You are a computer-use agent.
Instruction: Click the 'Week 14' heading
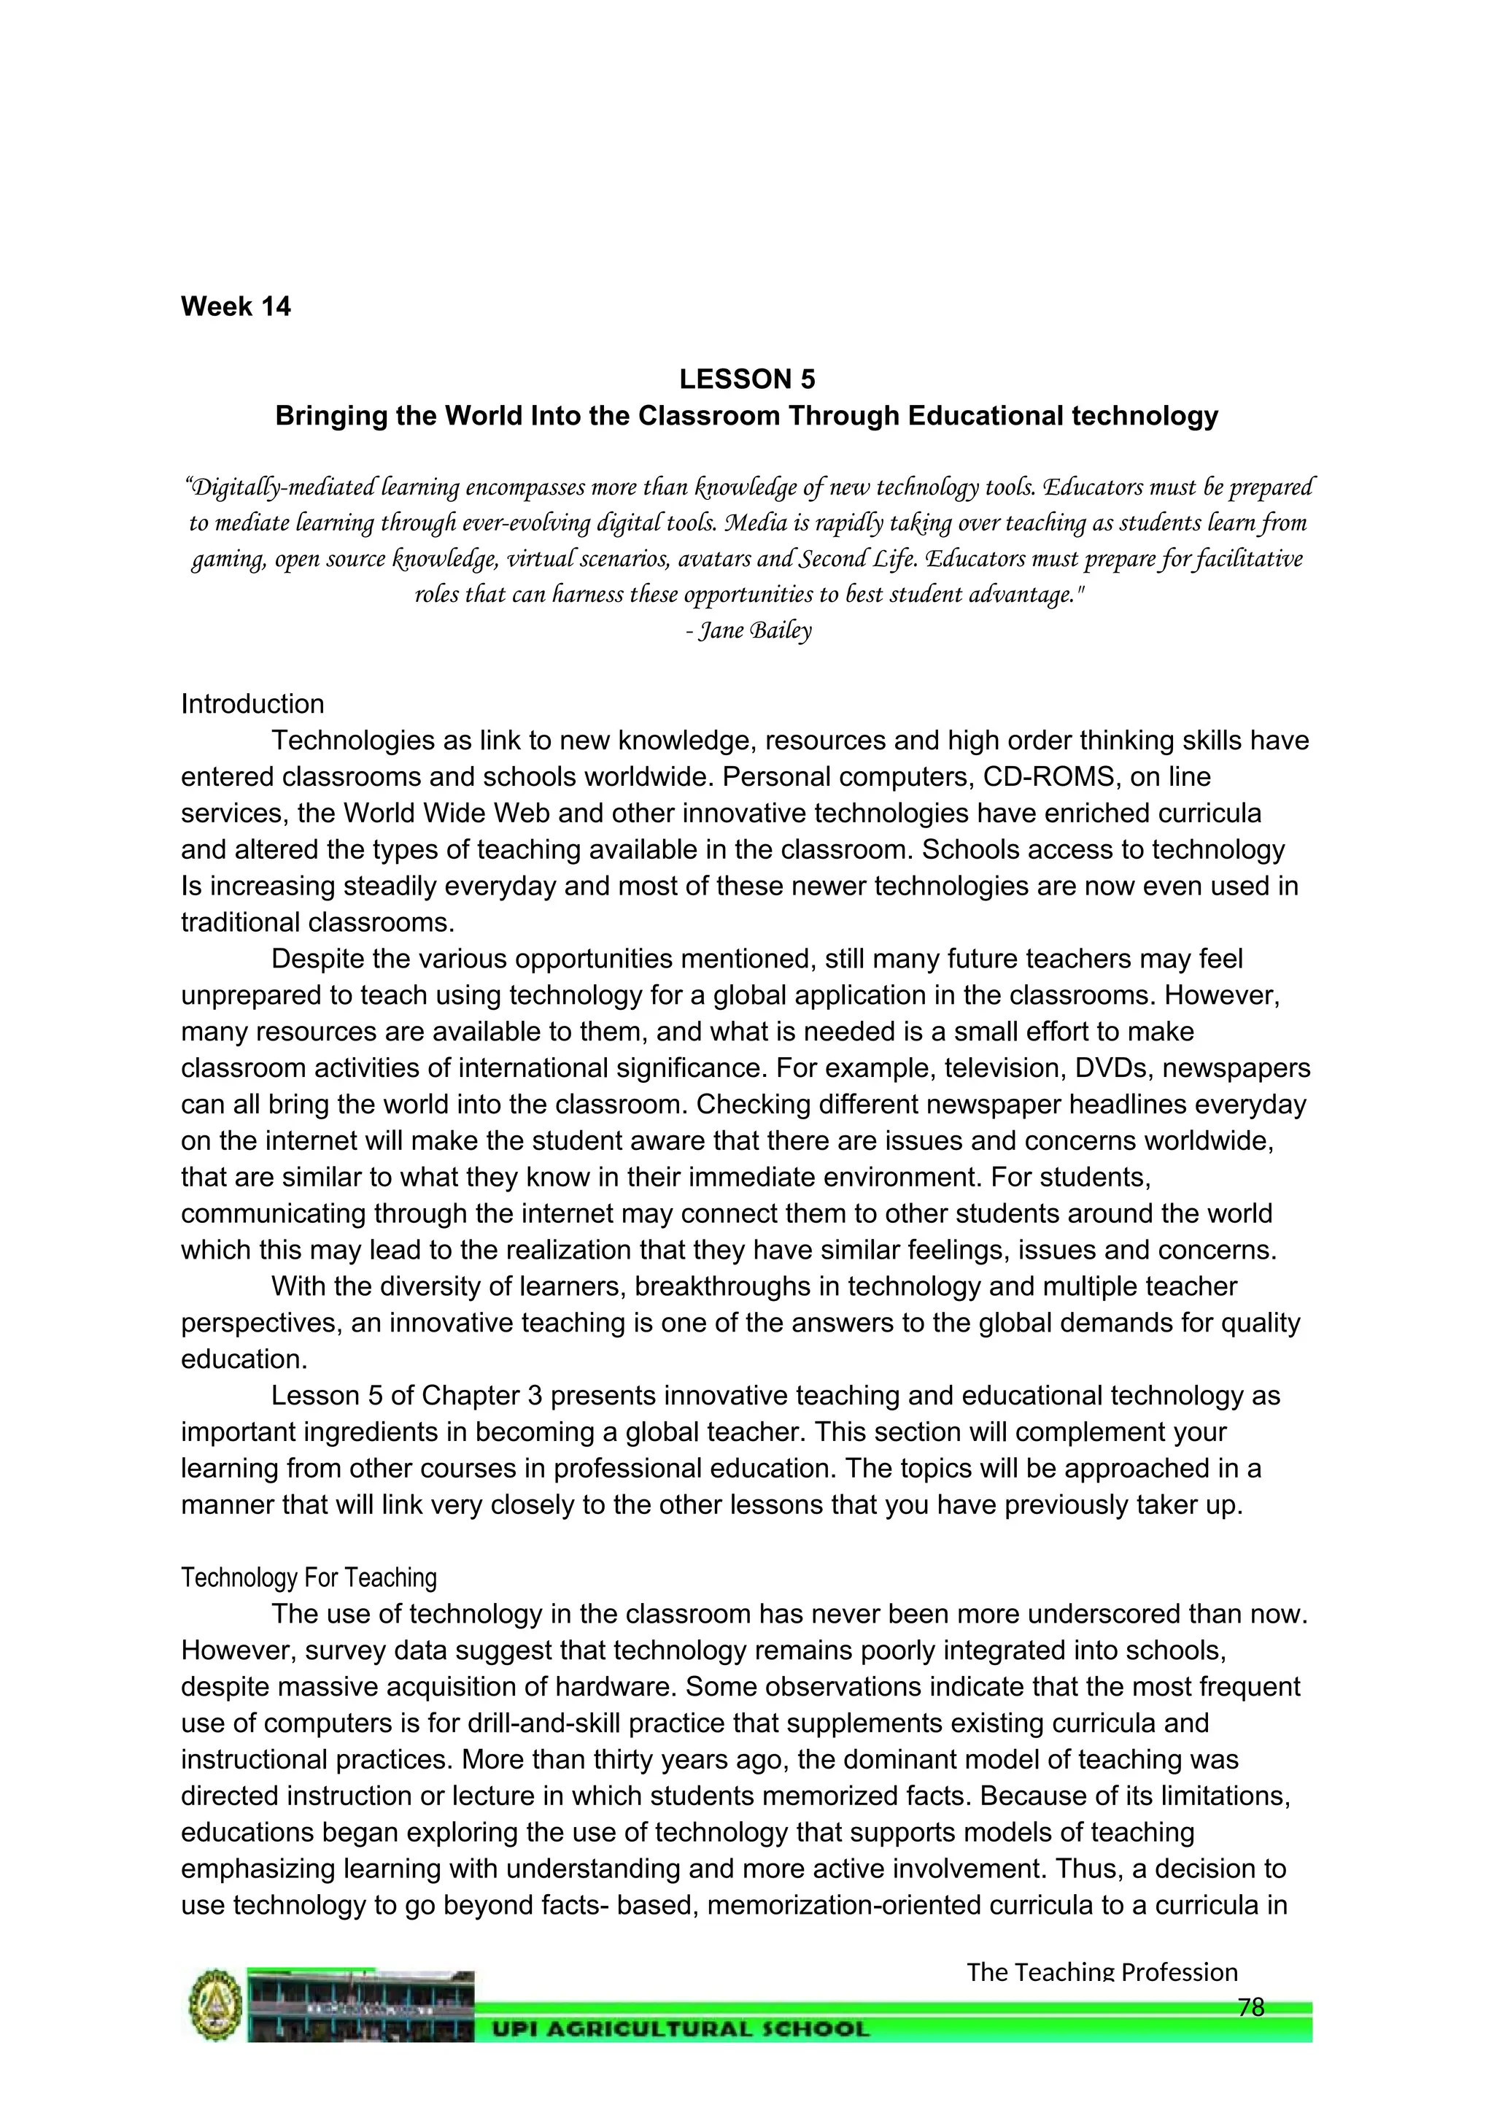click(x=236, y=306)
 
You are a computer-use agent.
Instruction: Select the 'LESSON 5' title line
click(x=746, y=379)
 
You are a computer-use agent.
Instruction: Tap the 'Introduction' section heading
click(x=252, y=704)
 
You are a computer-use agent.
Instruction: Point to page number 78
click(x=1250, y=2006)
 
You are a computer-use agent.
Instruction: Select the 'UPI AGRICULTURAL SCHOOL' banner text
click(x=680, y=2029)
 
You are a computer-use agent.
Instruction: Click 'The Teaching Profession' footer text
click(x=1102, y=1972)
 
